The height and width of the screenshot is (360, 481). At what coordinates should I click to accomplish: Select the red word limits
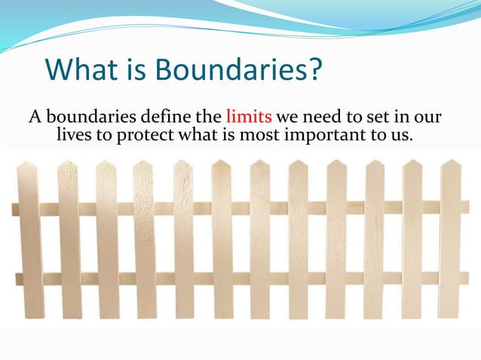click(249, 118)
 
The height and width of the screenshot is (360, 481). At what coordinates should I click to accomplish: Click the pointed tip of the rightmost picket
click(450, 161)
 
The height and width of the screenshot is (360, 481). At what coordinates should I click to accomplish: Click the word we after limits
click(290, 118)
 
